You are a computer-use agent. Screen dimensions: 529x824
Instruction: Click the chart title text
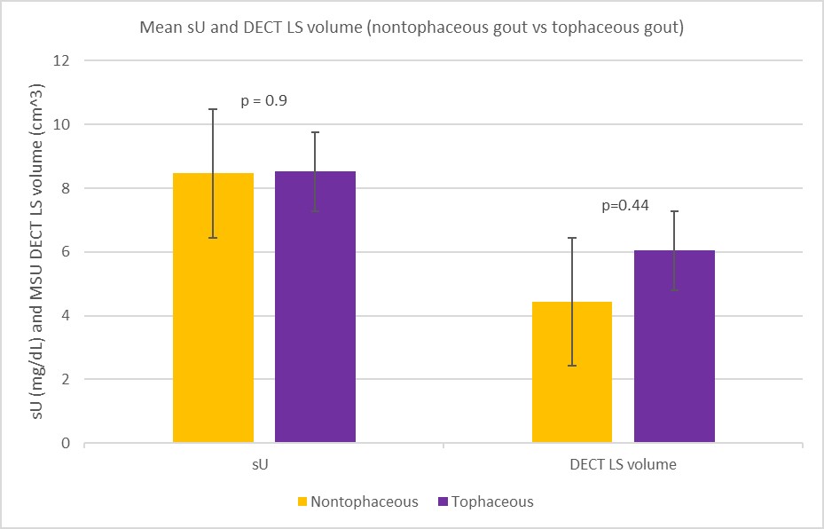[x=412, y=28]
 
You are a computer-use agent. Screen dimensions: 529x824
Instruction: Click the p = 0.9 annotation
[x=264, y=101]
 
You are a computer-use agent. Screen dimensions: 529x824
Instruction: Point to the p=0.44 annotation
[x=625, y=205]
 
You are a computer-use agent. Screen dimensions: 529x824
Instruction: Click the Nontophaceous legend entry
[x=357, y=501]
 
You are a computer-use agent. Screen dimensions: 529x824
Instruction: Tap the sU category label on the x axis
[x=263, y=463]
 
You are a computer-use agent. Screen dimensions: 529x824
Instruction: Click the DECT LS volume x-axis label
[x=623, y=463]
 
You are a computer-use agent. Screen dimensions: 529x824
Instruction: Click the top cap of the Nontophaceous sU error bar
[x=213, y=109]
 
